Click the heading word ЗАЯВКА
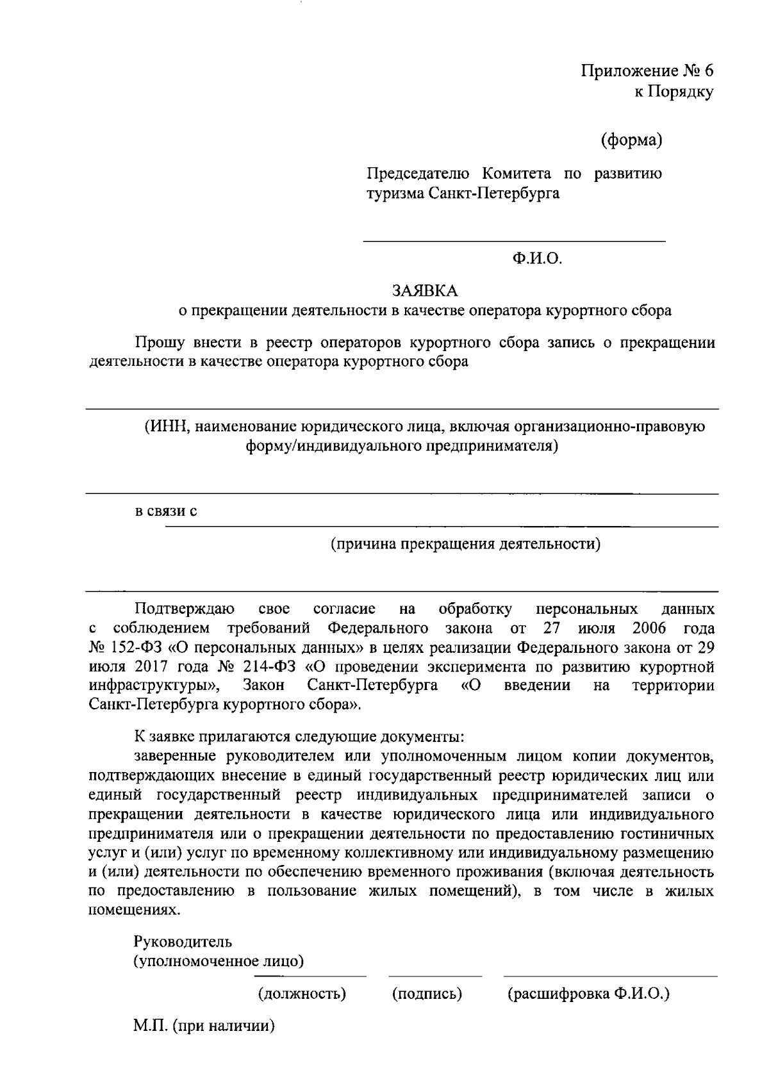pos(426,291)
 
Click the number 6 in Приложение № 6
pos(708,70)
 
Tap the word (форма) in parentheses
pos(631,140)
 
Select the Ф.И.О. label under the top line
pos(536,259)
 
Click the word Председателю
pos(418,174)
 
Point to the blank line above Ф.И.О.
pos(514,242)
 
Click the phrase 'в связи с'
pos(165,511)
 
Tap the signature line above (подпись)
pos(435,977)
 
